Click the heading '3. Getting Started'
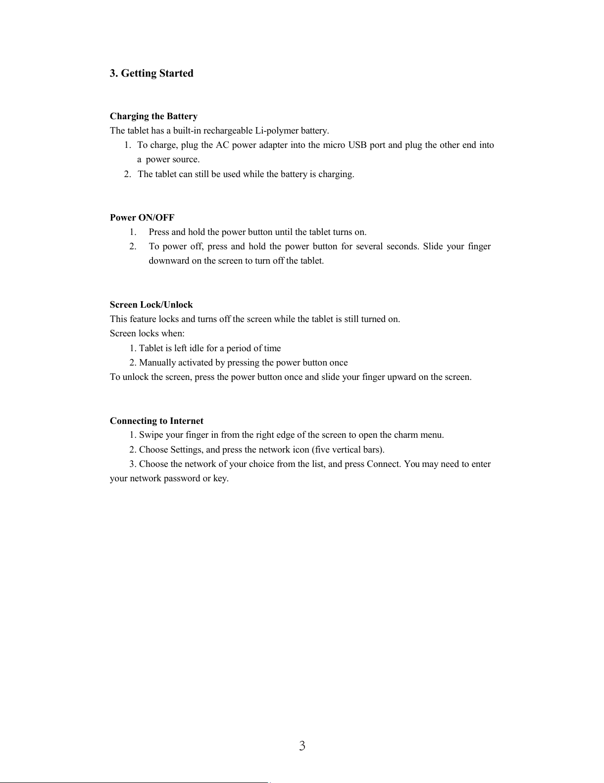tap(151, 73)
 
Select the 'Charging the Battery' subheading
tap(153, 116)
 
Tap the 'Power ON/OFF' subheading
tap(142, 218)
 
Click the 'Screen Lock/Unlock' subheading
tap(151, 305)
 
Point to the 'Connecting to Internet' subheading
tap(156, 421)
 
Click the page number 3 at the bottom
tap(302, 746)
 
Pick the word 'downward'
tap(169, 261)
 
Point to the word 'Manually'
tap(157, 363)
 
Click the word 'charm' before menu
tap(405, 435)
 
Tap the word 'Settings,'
tap(187, 450)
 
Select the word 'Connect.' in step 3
tap(384, 464)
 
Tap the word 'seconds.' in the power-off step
tap(403, 246)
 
